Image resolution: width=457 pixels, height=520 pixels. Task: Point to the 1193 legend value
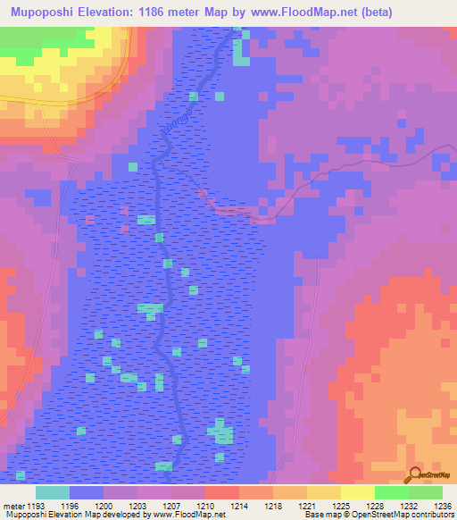click(x=36, y=506)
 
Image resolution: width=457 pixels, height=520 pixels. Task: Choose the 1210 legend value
click(x=204, y=506)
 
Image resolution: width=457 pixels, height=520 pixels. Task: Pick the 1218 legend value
click(x=274, y=506)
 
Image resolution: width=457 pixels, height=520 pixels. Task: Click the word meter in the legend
click(x=12, y=506)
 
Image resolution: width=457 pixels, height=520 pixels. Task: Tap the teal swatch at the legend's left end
click(x=53, y=492)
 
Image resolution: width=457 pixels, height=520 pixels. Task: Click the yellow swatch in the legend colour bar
click(x=357, y=492)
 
